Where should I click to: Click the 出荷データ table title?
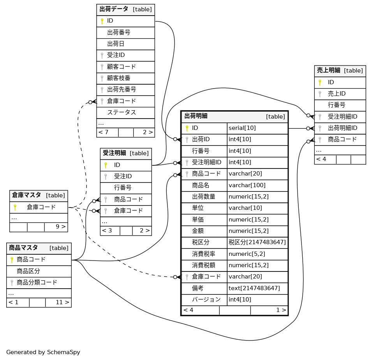115,9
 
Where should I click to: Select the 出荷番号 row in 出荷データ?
118,32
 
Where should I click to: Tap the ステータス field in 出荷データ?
121,112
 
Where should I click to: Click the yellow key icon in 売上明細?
320,82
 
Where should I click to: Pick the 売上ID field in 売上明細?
337,94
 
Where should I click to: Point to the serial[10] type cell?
242,128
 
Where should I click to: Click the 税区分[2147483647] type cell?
257,242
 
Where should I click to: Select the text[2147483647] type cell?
254,288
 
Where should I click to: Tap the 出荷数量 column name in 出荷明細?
203,197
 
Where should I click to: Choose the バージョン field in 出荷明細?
206,300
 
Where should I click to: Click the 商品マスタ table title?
23,248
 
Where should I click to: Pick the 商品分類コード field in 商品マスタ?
37,282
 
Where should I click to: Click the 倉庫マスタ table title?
26,195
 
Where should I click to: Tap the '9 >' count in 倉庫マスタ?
60,227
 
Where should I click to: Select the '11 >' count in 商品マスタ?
62,302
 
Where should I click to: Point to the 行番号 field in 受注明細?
122,188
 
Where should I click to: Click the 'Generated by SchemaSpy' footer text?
43,352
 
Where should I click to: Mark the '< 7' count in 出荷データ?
104,132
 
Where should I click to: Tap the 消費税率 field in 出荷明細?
203,254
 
